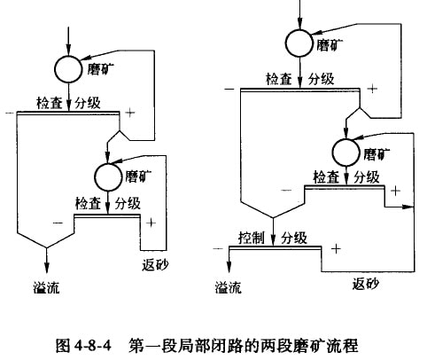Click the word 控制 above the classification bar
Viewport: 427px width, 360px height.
[252, 237]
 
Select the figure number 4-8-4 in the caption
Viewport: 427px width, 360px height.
[93, 345]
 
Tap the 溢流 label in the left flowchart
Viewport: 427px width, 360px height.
[46, 287]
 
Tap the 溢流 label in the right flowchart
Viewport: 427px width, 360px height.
[228, 287]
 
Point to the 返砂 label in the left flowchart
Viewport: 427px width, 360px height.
[155, 264]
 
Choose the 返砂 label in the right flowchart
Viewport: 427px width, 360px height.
[365, 284]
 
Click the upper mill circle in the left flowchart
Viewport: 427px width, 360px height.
[68, 69]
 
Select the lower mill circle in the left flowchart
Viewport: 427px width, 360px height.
[108, 176]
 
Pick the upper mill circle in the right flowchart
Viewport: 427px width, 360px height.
[299, 43]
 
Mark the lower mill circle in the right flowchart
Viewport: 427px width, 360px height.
[346, 152]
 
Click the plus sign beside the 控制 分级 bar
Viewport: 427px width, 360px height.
[336, 249]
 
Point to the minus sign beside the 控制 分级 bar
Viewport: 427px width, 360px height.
[218, 249]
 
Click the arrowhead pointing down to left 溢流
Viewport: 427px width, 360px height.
[46, 267]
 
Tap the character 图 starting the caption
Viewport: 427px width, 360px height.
[63, 345]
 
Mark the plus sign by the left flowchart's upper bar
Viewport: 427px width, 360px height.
[130, 113]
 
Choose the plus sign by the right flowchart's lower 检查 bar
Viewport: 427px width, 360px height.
[395, 191]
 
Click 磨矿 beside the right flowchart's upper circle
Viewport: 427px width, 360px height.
[330, 44]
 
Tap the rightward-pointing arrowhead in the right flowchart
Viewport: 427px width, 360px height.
[408, 207]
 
